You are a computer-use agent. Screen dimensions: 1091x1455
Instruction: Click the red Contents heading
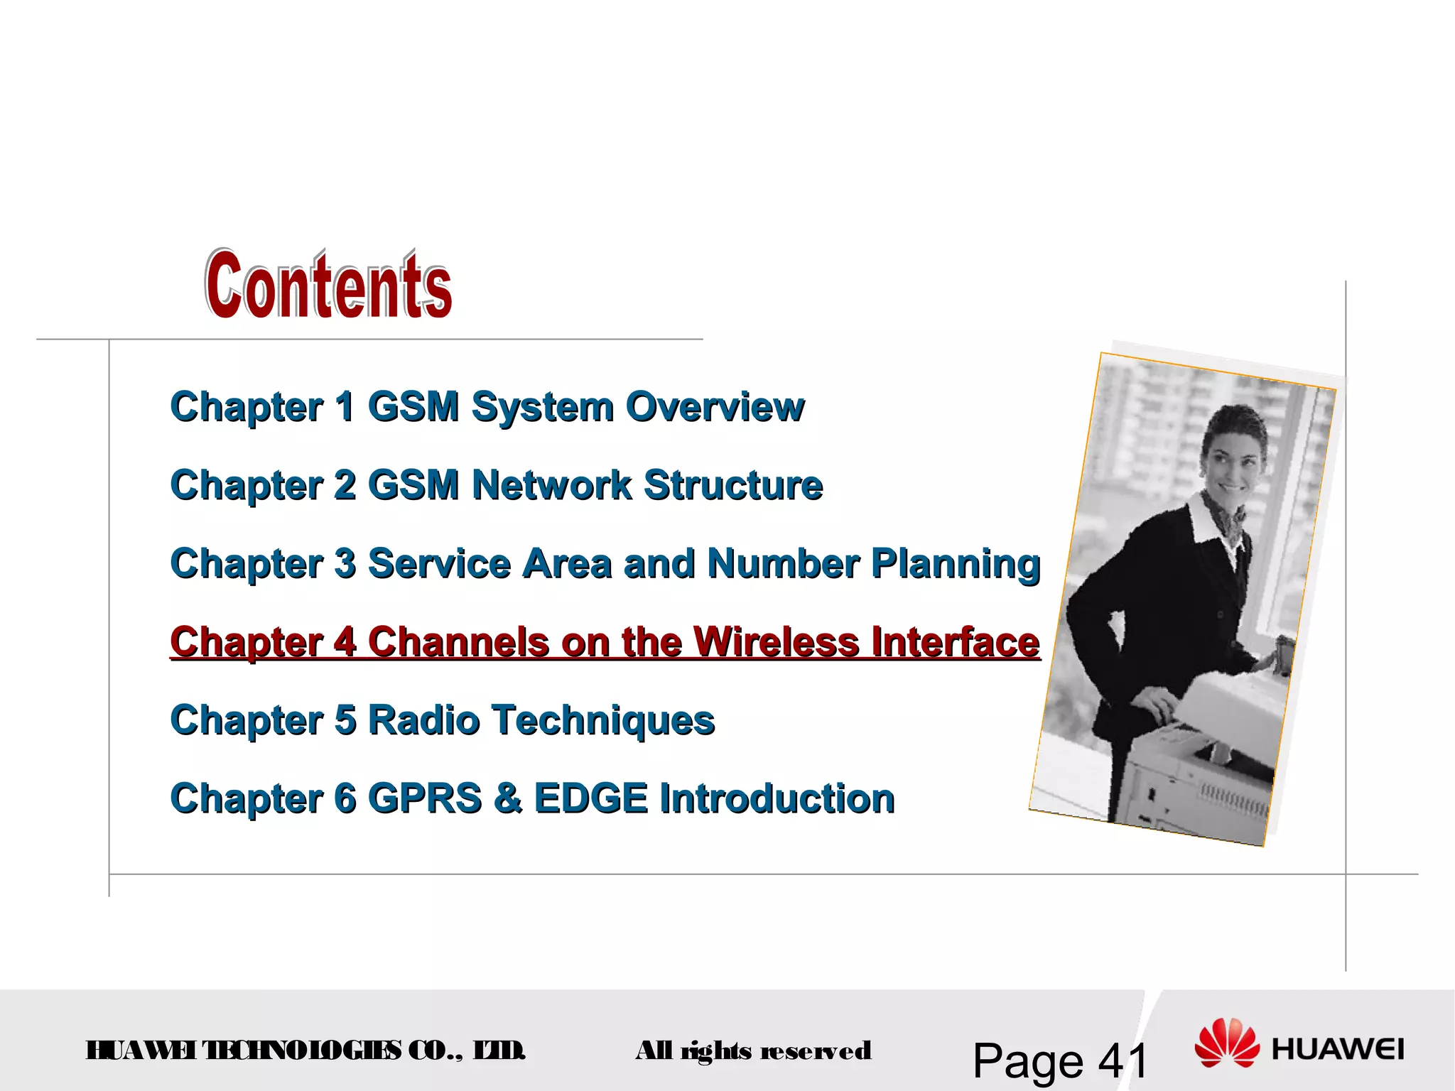pyautogui.click(x=328, y=285)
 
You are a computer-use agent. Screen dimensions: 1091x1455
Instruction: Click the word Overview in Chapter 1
pyautogui.click(x=715, y=407)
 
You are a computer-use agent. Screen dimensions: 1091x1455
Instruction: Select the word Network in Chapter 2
pyautogui.click(x=551, y=485)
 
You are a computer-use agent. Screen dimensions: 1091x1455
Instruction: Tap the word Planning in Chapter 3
pyautogui.click(x=956, y=565)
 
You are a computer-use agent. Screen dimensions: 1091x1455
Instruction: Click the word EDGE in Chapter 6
pyautogui.click(x=590, y=798)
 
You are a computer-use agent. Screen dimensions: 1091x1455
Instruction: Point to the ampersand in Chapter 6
pyautogui.click(x=507, y=798)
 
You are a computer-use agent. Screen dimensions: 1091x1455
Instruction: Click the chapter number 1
pyautogui.click(x=345, y=407)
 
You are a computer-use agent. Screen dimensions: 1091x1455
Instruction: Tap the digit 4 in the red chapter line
pyautogui.click(x=345, y=642)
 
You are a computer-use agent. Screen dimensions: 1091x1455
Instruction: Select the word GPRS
pyautogui.click(x=425, y=798)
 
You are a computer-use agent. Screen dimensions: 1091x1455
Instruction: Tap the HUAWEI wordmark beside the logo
pyautogui.click(x=1338, y=1049)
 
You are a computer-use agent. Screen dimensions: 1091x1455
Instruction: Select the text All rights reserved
pyautogui.click(x=753, y=1051)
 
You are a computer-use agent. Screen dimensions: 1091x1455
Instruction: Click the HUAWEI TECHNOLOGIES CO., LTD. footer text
pyautogui.click(x=305, y=1050)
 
